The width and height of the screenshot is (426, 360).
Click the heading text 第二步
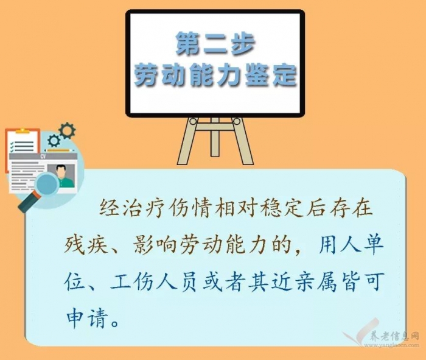(215, 43)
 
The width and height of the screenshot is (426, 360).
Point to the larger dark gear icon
(67, 131)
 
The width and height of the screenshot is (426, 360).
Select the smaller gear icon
(54, 140)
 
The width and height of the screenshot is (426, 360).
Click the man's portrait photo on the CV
(61, 175)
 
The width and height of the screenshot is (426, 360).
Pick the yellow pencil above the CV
(60, 150)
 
